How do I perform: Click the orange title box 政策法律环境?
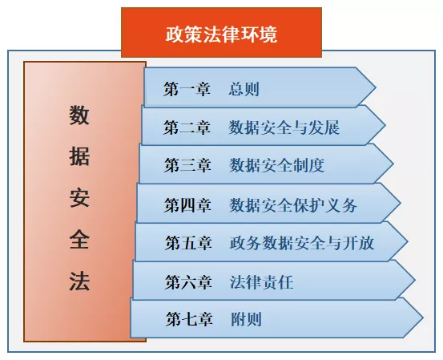[221, 33]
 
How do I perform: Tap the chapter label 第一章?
[187, 89]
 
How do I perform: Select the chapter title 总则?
[244, 89]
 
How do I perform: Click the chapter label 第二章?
[187, 127]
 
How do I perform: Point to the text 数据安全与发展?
[284, 127]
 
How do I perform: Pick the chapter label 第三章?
[187, 165]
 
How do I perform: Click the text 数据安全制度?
[276, 165]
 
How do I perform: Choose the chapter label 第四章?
[187, 204]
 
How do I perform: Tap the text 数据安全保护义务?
[293, 204]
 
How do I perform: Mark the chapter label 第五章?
[188, 243]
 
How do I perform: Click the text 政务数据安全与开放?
[302, 243]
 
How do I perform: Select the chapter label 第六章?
[188, 281]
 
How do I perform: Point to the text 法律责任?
[261, 281]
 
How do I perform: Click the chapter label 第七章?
[189, 319]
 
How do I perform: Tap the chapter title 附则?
[246, 319]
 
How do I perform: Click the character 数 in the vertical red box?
[79, 115]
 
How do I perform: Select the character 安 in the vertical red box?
[79, 197]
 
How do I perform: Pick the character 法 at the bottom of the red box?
[79, 281]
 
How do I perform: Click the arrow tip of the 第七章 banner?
[423, 318]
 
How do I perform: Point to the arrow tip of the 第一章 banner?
[376, 87]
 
